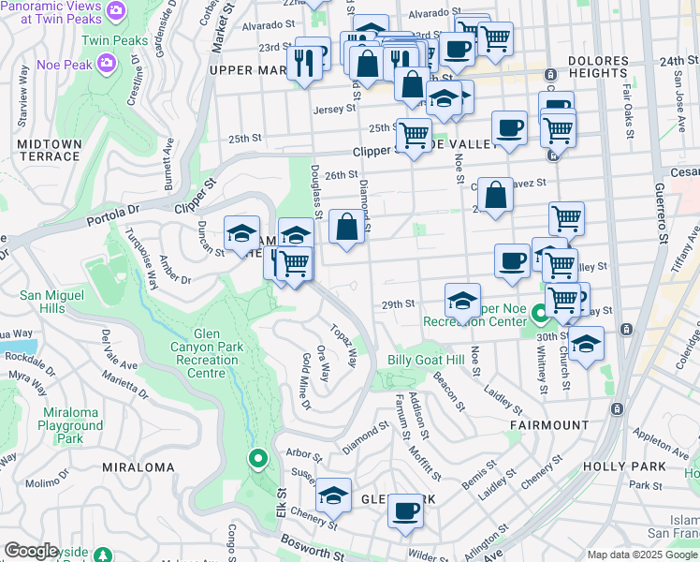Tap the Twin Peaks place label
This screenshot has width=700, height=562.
pyautogui.click(x=114, y=41)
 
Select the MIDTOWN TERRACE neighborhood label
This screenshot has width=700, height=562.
pyautogui.click(x=49, y=150)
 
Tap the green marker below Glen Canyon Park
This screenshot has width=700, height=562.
pyautogui.click(x=258, y=459)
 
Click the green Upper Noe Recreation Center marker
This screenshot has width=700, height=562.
pyautogui.click(x=538, y=314)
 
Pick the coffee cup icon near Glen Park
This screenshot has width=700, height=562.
pyautogui.click(x=405, y=511)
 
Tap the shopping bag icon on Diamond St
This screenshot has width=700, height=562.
pyautogui.click(x=346, y=227)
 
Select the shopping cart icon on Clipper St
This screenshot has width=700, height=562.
pyautogui.click(x=413, y=136)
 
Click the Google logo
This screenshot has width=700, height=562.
pyautogui.click(x=32, y=551)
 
